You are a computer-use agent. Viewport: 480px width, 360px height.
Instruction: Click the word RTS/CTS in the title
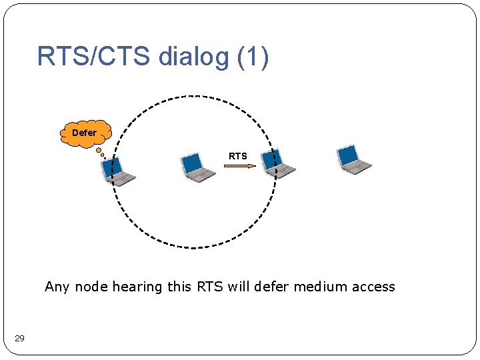pyautogui.click(x=94, y=57)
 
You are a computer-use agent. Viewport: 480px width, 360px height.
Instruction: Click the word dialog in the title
pyautogui.click(x=193, y=57)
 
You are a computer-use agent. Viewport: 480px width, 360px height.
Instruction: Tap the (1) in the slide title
pyautogui.click(x=253, y=57)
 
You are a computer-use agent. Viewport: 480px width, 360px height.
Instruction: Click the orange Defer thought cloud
pyautogui.click(x=85, y=133)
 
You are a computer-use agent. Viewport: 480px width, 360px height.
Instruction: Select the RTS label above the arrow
pyautogui.click(x=237, y=156)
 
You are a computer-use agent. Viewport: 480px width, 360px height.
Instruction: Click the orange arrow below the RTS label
pyautogui.click(x=239, y=166)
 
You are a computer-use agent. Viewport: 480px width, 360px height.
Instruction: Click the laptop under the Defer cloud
pyautogui.click(x=117, y=171)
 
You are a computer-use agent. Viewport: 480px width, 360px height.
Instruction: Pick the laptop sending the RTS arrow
pyautogui.click(x=198, y=167)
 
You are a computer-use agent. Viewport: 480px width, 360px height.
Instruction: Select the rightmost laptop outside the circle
pyautogui.click(x=354, y=160)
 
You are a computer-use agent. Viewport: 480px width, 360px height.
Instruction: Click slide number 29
pyautogui.click(x=19, y=339)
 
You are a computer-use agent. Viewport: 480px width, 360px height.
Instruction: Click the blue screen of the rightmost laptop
pyautogui.click(x=348, y=155)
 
